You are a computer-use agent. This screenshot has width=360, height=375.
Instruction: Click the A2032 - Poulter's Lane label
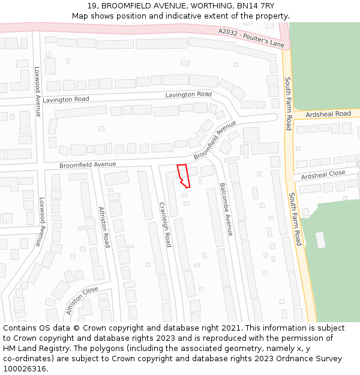coord(251,37)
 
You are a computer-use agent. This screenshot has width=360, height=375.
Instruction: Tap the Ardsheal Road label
coord(328,114)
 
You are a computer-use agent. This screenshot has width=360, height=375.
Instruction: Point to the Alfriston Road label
coord(104,227)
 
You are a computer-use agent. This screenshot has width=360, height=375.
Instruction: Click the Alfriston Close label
coord(82,301)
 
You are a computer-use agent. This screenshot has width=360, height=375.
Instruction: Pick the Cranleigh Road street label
coord(166,224)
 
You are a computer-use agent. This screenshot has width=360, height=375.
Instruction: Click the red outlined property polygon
coord(184,175)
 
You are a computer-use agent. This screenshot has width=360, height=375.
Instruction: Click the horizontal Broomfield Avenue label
coord(88,164)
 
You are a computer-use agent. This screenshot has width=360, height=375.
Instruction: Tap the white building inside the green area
coord(320,239)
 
